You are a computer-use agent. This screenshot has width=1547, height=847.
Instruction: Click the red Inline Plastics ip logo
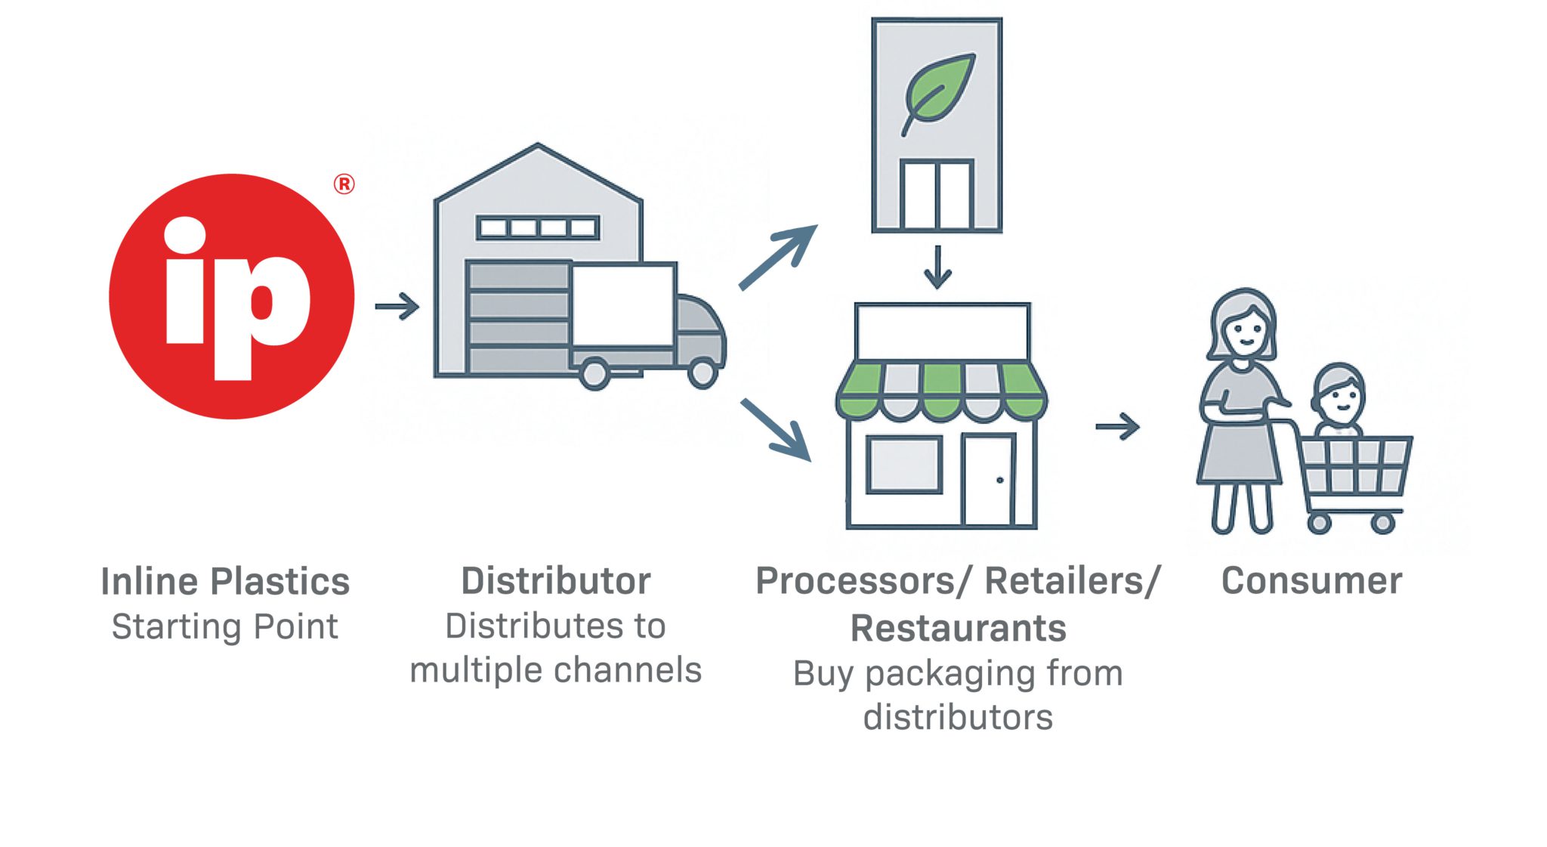pyautogui.click(x=231, y=296)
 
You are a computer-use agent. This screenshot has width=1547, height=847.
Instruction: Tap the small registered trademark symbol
pyautogui.click(x=344, y=184)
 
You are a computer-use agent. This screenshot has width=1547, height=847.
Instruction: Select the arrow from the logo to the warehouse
pyautogui.click(x=397, y=306)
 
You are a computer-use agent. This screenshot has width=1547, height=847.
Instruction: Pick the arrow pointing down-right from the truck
pyautogui.click(x=776, y=429)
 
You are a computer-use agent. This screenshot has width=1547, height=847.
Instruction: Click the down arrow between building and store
pyautogui.click(x=937, y=267)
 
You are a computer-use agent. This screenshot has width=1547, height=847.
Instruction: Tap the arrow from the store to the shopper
pyautogui.click(x=1117, y=426)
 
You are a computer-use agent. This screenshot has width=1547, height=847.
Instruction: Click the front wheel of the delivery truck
pyautogui.click(x=702, y=372)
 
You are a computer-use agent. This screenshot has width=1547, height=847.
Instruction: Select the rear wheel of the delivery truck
pyautogui.click(x=594, y=373)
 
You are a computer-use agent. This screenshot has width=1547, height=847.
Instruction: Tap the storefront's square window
pyautogui.click(x=903, y=465)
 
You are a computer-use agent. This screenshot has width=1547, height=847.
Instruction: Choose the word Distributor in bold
pyautogui.click(x=556, y=581)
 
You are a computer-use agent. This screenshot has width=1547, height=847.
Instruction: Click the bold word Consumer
pyautogui.click(x=1311, y=581)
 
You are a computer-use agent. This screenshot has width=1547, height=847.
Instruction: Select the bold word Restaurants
pyautogui.click(x=958, y=629)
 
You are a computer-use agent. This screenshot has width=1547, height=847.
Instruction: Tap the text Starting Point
pyautogui.click(x=225, y=626)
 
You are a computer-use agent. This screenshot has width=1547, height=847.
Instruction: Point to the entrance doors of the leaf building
pyautogui.click(x=937, y=194)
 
